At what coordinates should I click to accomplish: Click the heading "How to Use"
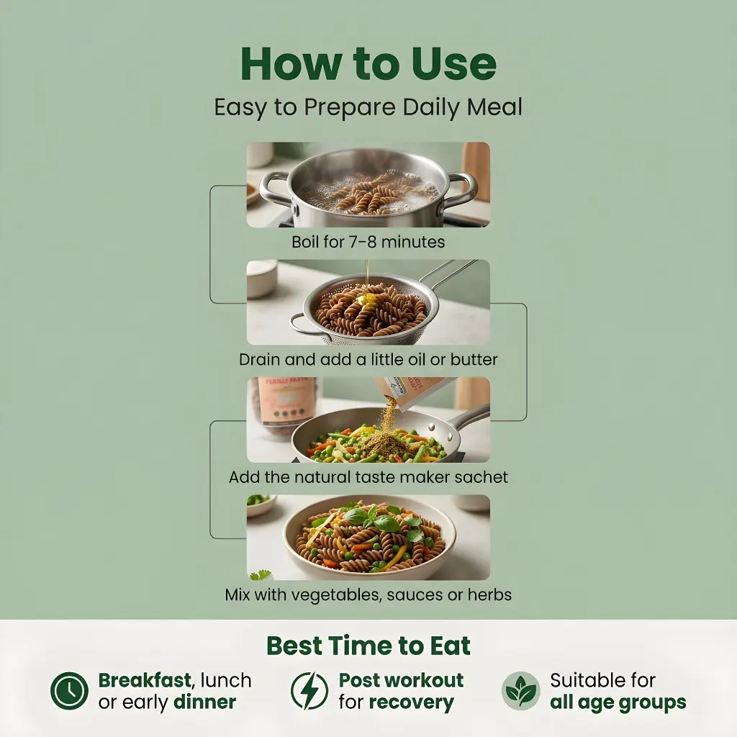pos(368,64)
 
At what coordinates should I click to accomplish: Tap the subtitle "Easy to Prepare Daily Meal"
pos(368,107)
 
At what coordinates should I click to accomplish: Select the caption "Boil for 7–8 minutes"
pos(368,242)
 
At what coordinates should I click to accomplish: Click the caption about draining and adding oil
pos(368,360)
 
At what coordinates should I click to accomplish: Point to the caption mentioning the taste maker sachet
pos(368,477)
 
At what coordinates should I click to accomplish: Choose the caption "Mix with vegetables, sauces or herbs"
pos(368,594)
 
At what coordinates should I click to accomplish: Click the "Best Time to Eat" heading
pos(368,646)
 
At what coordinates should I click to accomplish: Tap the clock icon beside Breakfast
pos(69,690)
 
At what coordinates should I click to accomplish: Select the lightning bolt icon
pos(309,690)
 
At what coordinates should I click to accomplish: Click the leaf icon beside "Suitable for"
pos(521,690)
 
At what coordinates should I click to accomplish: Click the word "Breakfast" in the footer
pos(145,680)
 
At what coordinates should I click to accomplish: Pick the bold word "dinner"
pos(205,702)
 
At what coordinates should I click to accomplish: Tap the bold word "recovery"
pos(411,702)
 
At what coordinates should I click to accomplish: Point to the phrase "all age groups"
pos(618,702)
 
